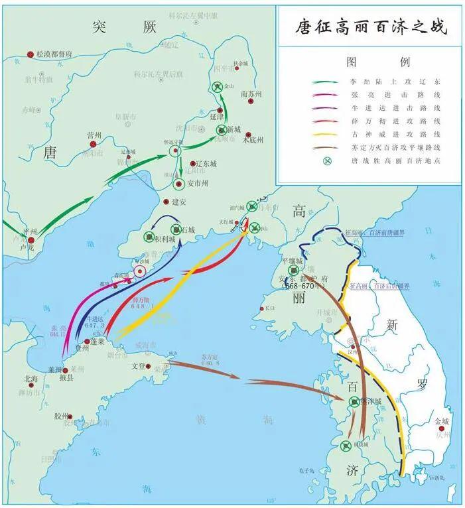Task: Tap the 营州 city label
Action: coord(94,135)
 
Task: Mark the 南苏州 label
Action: coord(251,94)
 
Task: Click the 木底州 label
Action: coord(253,140)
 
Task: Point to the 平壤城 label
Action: coord(292,261)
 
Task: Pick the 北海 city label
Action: coord(31,379)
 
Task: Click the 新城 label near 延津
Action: coord(233,129)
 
